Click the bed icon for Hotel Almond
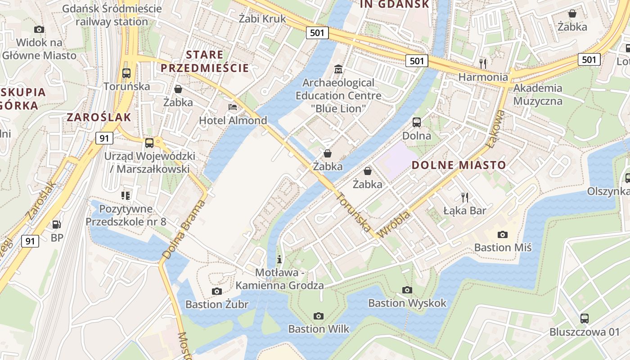233,107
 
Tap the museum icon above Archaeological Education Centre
338,69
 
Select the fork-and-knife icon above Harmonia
483,63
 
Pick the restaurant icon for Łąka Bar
465,197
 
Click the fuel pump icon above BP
57,224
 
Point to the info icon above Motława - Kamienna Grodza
279,259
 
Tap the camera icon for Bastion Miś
503,234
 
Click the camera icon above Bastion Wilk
319,316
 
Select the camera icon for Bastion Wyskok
407,290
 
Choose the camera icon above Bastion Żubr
217,291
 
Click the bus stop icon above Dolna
417,122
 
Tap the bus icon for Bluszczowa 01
585,319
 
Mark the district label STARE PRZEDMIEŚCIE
205,62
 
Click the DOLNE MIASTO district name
459,165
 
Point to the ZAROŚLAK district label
99,117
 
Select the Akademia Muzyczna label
538,94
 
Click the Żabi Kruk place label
262,19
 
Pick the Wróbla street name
395,225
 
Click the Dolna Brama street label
184,229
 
